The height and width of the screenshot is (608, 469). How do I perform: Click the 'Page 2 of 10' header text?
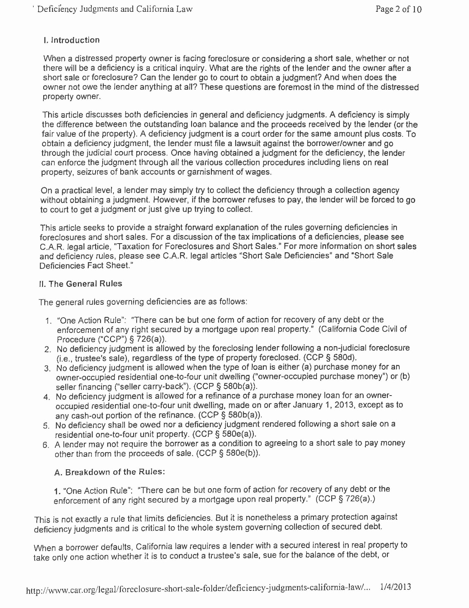(398, 9)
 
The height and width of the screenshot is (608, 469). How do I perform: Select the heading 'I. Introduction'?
(72, 40)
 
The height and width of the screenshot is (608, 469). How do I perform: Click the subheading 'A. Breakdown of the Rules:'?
(110, 472)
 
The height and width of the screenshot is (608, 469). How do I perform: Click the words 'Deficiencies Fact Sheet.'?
(86, 265)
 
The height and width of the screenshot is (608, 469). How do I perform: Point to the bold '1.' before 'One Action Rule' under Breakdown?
(58, 491)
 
